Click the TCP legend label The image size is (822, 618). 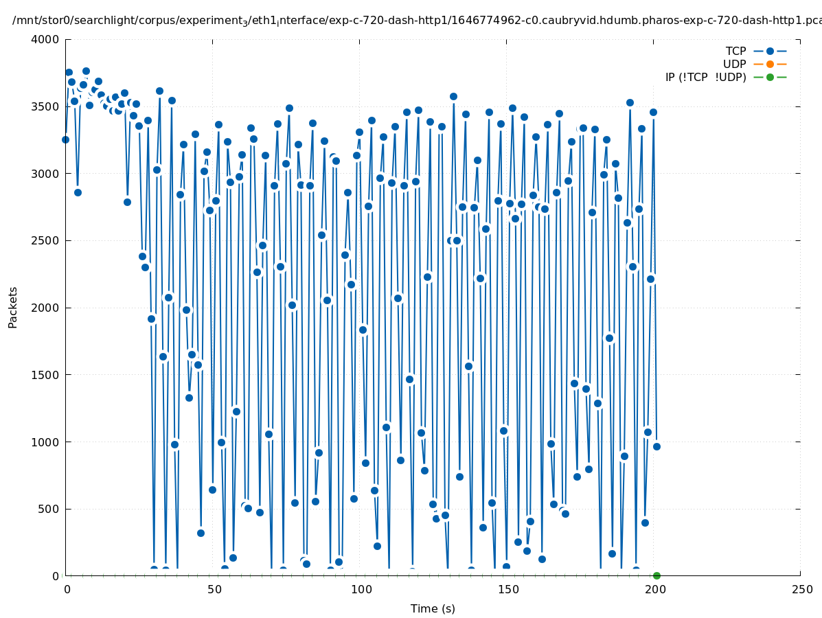click(735, 51)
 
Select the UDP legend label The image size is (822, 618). click(734, 64)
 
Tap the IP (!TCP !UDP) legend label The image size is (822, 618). click(705, 77)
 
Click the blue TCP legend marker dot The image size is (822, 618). click(770, 51)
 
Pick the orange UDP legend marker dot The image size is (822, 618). click(770, 64)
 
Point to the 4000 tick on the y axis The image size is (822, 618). click(46, 39)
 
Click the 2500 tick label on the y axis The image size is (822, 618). click(46, 241)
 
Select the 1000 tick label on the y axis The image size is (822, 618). click(46, 442)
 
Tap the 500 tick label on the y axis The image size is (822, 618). click(49, 510)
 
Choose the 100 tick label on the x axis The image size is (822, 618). click(359, 589)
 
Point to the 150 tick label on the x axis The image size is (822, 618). click(506, 589)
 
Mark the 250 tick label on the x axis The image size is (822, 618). click(800, 589)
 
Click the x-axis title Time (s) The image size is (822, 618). click(433, 608)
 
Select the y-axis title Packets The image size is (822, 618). click(13, 307)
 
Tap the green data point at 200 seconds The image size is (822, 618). click(657, 575)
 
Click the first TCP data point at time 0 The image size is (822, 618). click(65, 139)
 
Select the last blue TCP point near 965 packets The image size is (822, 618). click(657, 446)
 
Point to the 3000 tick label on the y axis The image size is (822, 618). click(46, 174)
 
